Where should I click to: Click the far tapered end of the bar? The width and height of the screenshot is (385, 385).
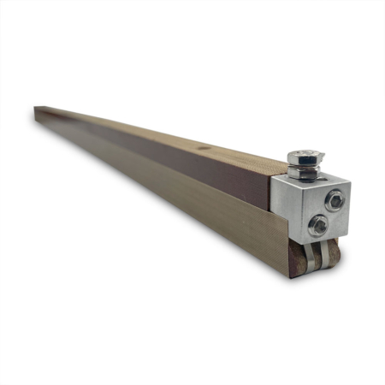[39, 111]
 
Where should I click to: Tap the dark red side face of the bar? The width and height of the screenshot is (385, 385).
[171, 154]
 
